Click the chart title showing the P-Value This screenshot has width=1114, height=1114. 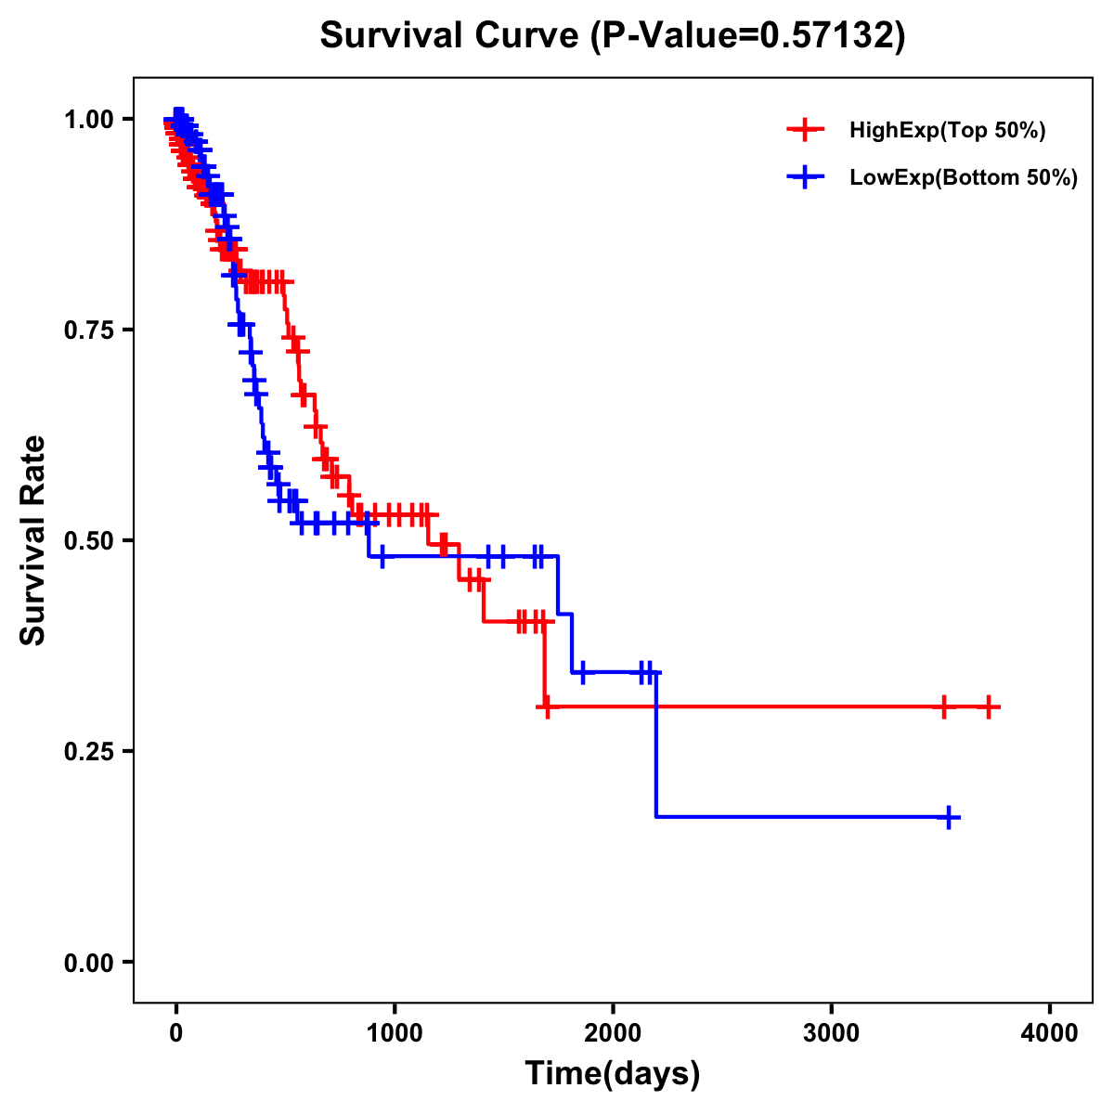pos(612,35)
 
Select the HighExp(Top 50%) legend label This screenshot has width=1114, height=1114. pos(947,131)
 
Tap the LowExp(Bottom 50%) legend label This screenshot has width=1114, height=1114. pos(963,178)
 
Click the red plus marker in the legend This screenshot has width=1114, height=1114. pos(806,130)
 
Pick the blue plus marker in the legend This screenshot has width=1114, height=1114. pos(806,177)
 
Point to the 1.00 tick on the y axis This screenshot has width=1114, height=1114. pos(88,120)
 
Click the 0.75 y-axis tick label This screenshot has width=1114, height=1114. pos(88,330)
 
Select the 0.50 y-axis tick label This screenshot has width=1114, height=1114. pos(88,540)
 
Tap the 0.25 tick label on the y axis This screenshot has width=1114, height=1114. pos(88,751)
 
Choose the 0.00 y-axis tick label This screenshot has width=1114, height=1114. pos(88,963)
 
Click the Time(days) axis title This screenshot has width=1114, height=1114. pos(613,1074)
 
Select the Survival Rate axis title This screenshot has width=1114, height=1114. pos(33,540)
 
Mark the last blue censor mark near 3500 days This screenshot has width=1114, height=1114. pos(949,818)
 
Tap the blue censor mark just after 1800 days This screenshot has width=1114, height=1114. pos(582,671)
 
